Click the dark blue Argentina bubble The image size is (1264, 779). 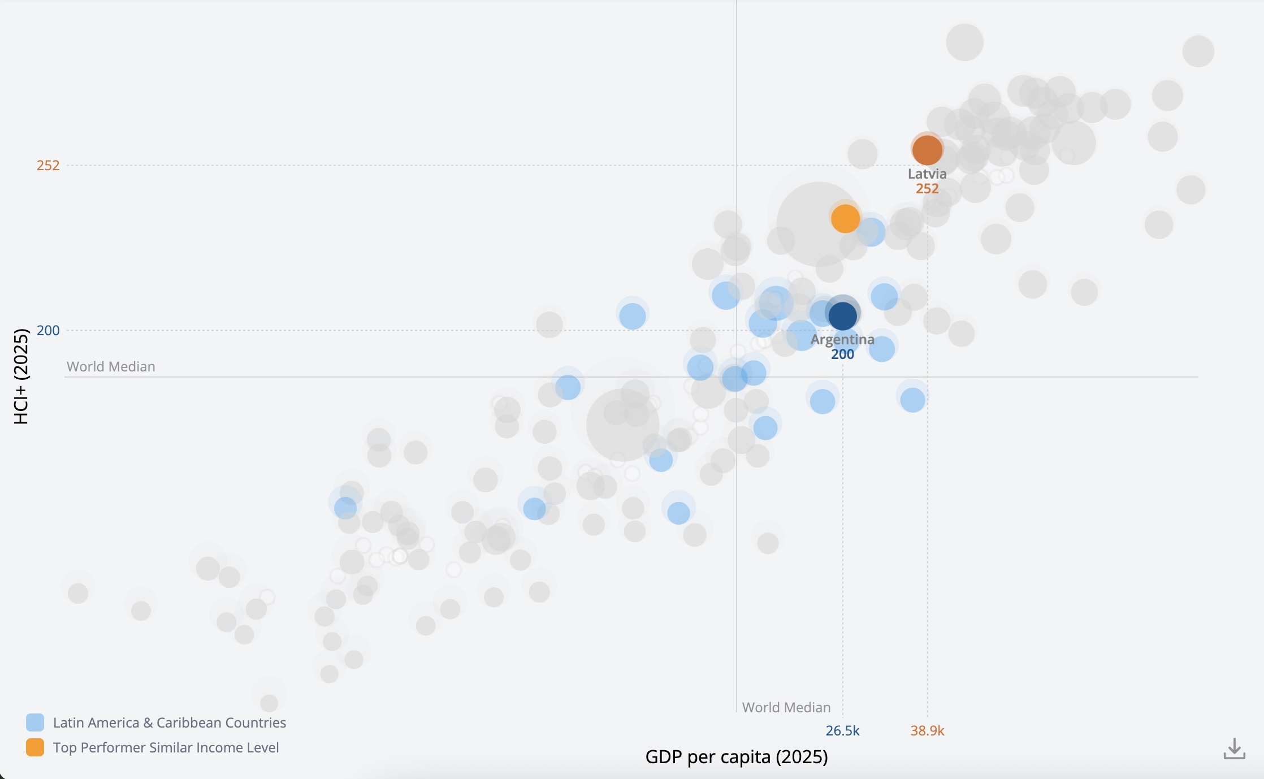tap(842, 315)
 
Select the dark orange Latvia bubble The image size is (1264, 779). tap(927, 150)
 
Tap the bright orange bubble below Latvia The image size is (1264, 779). tap(845, 218)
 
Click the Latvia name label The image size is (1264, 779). tap(927, 174)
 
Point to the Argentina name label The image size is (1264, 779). tap(842, 340)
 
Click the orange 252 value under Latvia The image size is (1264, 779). tap(927, 189)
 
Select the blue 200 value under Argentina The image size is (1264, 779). tap(842, 354)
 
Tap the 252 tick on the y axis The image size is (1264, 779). tap(48, 166)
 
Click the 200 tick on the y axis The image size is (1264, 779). tap(48, 331)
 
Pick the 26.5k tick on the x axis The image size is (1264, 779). tap(842, 731)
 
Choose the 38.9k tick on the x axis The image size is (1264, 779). tap(927, 731)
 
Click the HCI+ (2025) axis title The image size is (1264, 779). tap(21, 376)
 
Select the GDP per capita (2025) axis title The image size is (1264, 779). tap(737, 756)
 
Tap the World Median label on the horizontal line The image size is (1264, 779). tap(111, 367)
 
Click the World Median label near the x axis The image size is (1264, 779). tap(786, 708)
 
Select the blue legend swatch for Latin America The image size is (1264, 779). tap(35, 722)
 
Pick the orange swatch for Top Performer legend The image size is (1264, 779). tap(35, 747)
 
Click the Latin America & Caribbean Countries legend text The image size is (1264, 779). tap(170, 723)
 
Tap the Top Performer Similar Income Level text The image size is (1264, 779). tap(166, 748)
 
